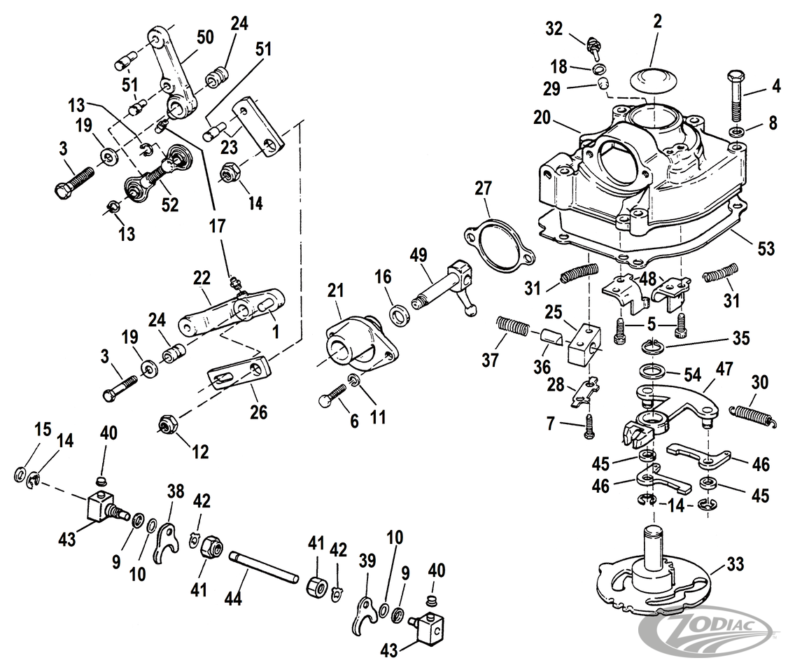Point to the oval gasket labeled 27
[499, 242]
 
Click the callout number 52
[169, 204]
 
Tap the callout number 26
[258, 413]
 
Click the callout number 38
[175, 492]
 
